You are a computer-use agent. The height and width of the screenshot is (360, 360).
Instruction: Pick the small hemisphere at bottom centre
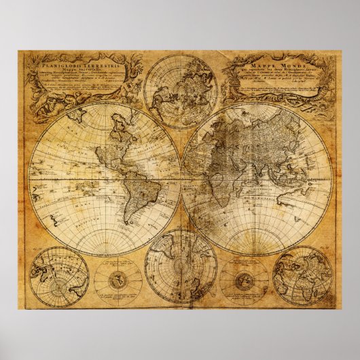[x=181, y=266]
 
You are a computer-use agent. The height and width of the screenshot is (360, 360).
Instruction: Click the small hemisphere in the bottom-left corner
[x=59, y=276]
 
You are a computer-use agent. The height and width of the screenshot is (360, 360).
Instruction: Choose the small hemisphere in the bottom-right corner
[x=302, y=276]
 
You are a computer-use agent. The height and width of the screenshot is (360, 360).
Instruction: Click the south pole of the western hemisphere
[x=104, y=255]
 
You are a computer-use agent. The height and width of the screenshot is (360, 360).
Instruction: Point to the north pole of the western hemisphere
[x=104, y=103]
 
